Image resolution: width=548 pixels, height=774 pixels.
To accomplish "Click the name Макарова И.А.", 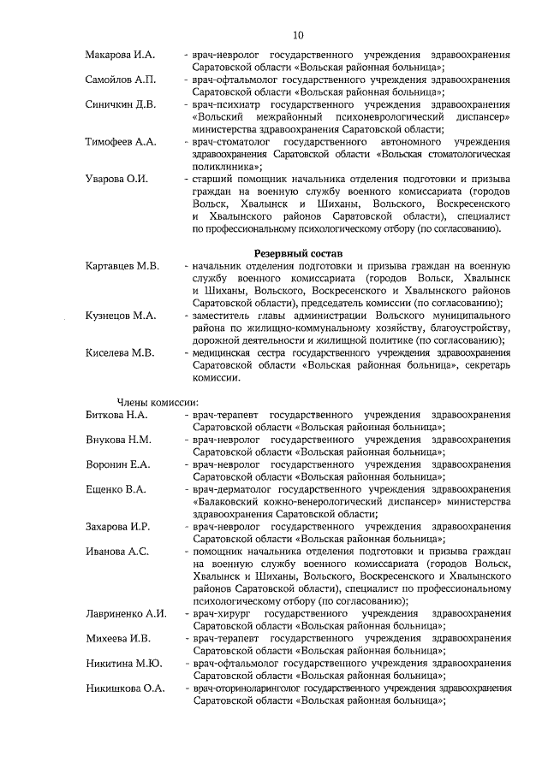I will pyautogui.click(x=120, y=55).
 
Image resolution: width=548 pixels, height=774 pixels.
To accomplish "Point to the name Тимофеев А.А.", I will pyautogui.click(x=122, y=141).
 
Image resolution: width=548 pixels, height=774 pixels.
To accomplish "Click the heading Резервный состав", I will pyautogui.click(x=298, y=254).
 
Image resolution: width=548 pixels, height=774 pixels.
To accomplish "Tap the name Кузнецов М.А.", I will pyautogui.click(x=121, y=316).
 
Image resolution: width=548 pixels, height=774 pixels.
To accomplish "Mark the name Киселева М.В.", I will pyautogui.click(x=120, y=352).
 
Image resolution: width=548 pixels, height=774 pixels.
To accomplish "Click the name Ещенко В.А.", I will pyautogui.click(x=116, y=489).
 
